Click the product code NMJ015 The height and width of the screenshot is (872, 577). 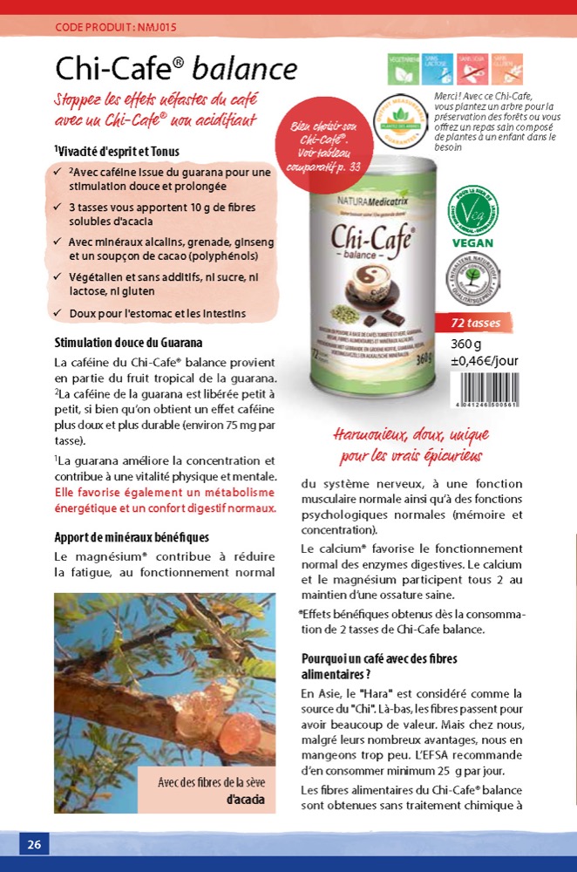click(x=115, y=27)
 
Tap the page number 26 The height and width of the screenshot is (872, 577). click(x=34, y=844)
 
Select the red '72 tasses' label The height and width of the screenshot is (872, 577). click(x=475, y=323)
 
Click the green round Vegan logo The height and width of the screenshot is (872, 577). click(x=473, y=214)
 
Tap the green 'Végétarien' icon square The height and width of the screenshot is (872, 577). click(x=402, y=68)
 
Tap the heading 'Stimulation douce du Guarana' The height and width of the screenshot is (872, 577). click(x=128, y=343)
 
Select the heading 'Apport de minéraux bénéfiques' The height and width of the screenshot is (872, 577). click(x=131, y=537)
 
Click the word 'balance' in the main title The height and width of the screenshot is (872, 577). click(x=245, y=69)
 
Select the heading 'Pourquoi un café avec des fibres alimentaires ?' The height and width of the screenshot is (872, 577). click(x=379, y=667)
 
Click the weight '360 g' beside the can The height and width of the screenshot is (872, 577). click(x=466, y=344)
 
